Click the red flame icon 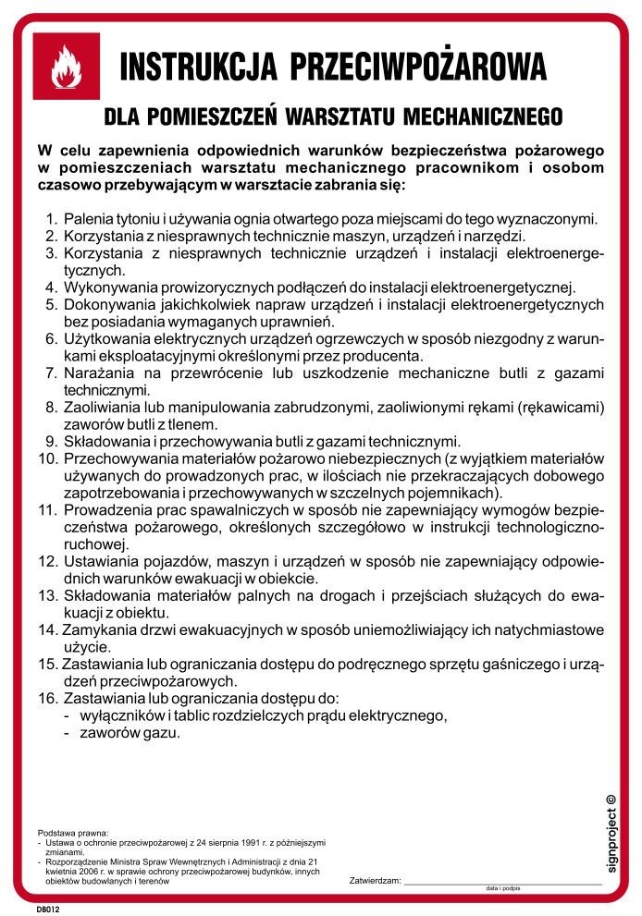66,67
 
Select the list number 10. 47,458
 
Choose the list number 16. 47,698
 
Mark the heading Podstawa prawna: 72,833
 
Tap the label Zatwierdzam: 375,880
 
